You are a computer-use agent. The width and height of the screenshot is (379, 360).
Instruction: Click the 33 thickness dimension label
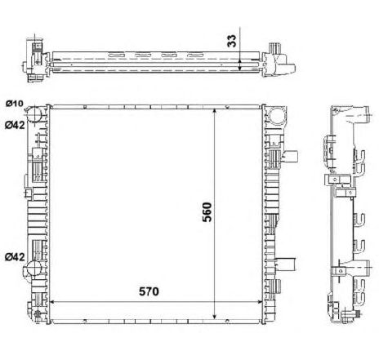[x=231, y=40]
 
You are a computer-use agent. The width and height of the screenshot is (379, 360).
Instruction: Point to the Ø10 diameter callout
[x=14, y=103]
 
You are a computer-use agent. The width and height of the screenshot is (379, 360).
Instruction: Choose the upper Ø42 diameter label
[x=14, y=124]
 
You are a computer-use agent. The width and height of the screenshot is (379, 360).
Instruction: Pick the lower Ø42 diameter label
[x=14, y=257]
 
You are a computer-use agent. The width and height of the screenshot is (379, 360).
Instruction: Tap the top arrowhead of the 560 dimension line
[x=214, y=109]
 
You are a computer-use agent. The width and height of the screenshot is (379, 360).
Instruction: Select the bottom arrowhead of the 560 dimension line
[x=214, y=314]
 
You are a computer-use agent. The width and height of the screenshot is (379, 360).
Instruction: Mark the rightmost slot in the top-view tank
[x=196, y=56]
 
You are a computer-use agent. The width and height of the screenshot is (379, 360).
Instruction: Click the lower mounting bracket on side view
[x=337, y=272]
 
